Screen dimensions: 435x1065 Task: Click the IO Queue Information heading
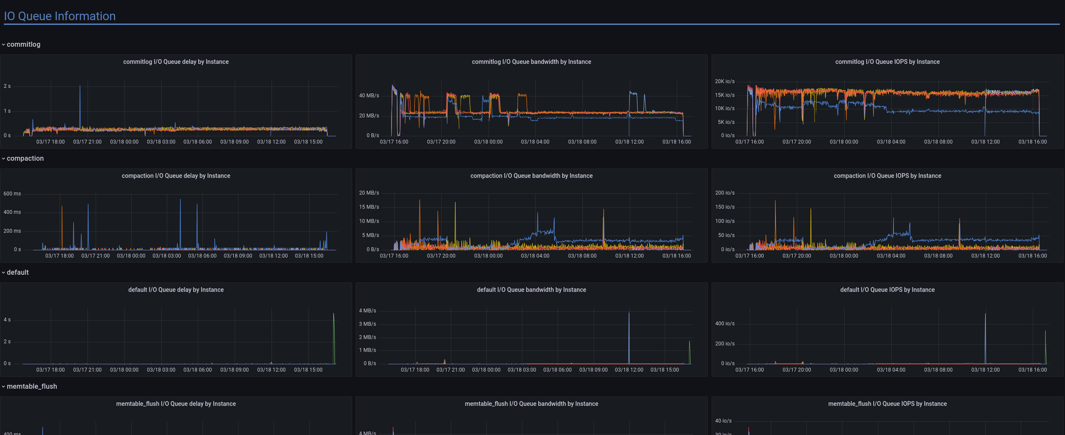[60, 16]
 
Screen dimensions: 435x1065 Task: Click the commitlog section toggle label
[23, 45]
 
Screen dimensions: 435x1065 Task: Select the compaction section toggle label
[25, 159]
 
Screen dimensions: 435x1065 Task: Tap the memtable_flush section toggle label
[32, 387]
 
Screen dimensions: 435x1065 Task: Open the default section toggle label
[18, 273]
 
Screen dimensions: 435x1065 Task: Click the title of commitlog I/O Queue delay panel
[176, 62]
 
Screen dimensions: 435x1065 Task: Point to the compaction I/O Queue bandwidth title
[531, 176]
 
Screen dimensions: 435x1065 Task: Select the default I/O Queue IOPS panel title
[887, 290]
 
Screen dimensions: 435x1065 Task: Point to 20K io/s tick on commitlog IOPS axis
[724, 81]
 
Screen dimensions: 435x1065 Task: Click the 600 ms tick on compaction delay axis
[12, 194]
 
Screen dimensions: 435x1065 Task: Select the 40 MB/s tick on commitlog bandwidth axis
[369, 96]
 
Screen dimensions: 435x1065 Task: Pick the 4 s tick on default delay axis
[7, 320]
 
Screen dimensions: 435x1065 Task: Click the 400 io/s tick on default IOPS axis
[724, 324]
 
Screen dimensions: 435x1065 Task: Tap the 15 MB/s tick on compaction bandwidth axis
[369, 207]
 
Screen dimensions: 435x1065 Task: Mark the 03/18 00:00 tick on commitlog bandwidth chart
[488, 142]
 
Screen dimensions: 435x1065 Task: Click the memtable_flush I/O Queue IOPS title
[887, 404]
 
